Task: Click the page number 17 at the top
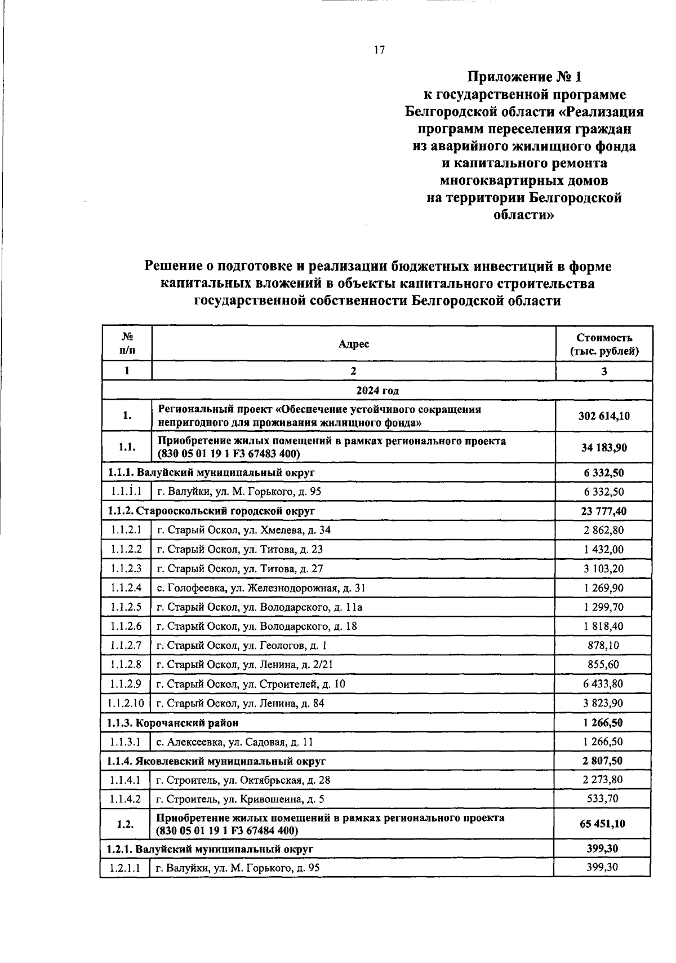pos(378,50)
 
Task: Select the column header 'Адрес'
pos(354,344)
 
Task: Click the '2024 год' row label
pos(377,391)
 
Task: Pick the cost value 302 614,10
pos(604,416)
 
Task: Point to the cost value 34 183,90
pos(604,448)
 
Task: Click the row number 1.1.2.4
pos(126,588)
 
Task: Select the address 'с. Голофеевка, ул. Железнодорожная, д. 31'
pos(261,588)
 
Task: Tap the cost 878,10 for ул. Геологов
pos(603,646)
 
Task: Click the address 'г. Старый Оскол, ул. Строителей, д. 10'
pos(251,684)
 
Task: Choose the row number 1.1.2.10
pos(126,703)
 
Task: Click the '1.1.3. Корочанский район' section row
pos(173,722)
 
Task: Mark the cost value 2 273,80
pos(603,780)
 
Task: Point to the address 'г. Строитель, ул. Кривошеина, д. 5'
pos(240,799)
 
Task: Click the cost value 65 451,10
pos(602,824)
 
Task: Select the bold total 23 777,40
pos(603,511)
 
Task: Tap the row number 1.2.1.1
pos(126,868)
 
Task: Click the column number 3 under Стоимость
pos(604,371)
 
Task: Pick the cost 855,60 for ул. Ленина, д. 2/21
pos(603,665)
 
